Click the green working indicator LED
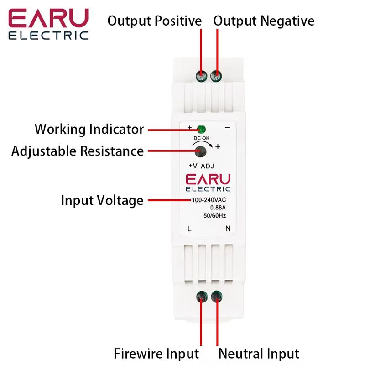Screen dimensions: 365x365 200,129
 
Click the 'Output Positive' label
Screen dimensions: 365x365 154,21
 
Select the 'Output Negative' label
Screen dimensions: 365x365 264,21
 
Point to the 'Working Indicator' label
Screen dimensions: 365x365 89,129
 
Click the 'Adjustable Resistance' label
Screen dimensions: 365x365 78,151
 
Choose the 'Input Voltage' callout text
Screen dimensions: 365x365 102,200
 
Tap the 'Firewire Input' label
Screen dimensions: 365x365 156,354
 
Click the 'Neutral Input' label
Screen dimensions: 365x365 259,354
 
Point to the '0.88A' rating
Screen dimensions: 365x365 211,208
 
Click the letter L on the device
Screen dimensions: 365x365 189,229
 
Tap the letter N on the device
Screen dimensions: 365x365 228,229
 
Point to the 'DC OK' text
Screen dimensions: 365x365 204,138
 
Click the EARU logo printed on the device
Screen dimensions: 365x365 208,182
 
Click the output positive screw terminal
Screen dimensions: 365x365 201,76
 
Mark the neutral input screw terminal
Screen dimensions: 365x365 216,297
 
